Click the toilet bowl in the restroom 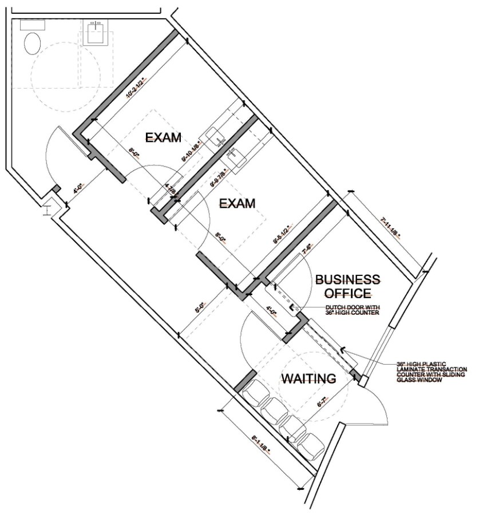click(x=32, y=44)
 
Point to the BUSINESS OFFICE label click(x=347, y=286)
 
